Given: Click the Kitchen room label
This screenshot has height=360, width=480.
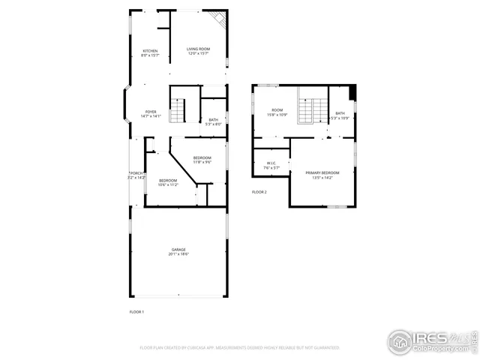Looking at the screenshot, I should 150,52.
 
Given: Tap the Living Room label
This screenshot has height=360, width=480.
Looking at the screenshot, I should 198,52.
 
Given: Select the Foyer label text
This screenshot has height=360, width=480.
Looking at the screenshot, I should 151,113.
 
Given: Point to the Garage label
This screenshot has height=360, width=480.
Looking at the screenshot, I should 178,252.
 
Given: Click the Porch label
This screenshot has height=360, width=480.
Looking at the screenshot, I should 136,175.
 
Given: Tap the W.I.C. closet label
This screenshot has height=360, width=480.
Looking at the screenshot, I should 272,165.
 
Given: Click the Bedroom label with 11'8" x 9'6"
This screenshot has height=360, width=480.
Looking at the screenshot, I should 202,159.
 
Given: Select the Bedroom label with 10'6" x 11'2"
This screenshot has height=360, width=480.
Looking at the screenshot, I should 167,182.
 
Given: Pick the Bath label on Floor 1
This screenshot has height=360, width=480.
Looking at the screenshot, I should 213,121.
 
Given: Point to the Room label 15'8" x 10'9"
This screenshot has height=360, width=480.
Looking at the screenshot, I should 277,114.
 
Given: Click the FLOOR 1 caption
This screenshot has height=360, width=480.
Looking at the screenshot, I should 136,311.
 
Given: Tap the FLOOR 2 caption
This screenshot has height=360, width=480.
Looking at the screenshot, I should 259,192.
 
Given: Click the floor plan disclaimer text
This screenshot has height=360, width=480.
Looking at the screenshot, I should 240,348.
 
